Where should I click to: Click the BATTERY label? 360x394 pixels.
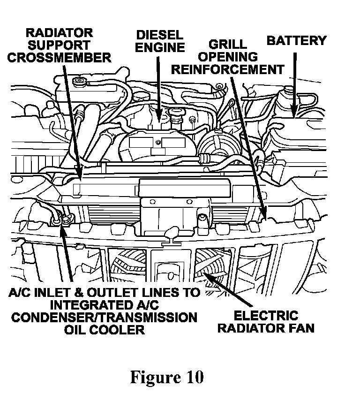click(296, 41)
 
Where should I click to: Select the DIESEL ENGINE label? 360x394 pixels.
click(160, 41)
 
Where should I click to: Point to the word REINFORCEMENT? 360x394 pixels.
click(228, 69)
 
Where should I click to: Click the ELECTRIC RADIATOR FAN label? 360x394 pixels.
click(274, 321)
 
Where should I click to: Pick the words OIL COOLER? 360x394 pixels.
click(104, 330)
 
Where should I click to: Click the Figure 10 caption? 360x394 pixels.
click(166, 378)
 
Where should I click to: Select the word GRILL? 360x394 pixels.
click(228, 45)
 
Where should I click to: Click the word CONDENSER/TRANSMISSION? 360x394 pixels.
click(104, 318)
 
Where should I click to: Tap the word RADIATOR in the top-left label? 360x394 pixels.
click(59, 33)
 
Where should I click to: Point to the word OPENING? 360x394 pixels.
click(228, 57)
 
